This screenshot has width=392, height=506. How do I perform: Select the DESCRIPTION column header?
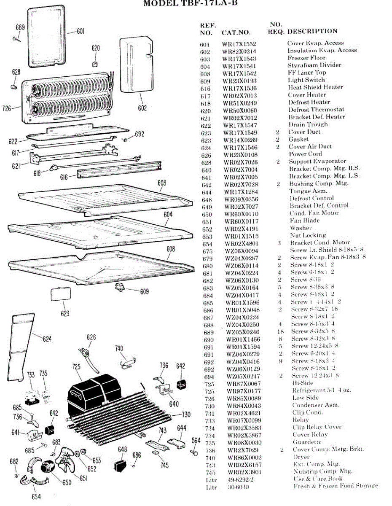312,31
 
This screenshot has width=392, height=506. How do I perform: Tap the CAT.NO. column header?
236,32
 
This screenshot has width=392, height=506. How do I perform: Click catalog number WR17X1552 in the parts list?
239,44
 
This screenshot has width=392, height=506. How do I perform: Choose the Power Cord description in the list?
305,154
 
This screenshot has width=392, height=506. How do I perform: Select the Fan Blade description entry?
304,221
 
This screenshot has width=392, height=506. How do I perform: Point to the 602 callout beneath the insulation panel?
142,108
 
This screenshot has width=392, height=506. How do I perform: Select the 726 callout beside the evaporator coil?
7,108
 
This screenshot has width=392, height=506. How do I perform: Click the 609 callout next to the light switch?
144,291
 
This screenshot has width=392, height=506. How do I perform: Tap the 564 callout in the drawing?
196,440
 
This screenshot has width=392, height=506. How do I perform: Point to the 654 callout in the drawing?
36,497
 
